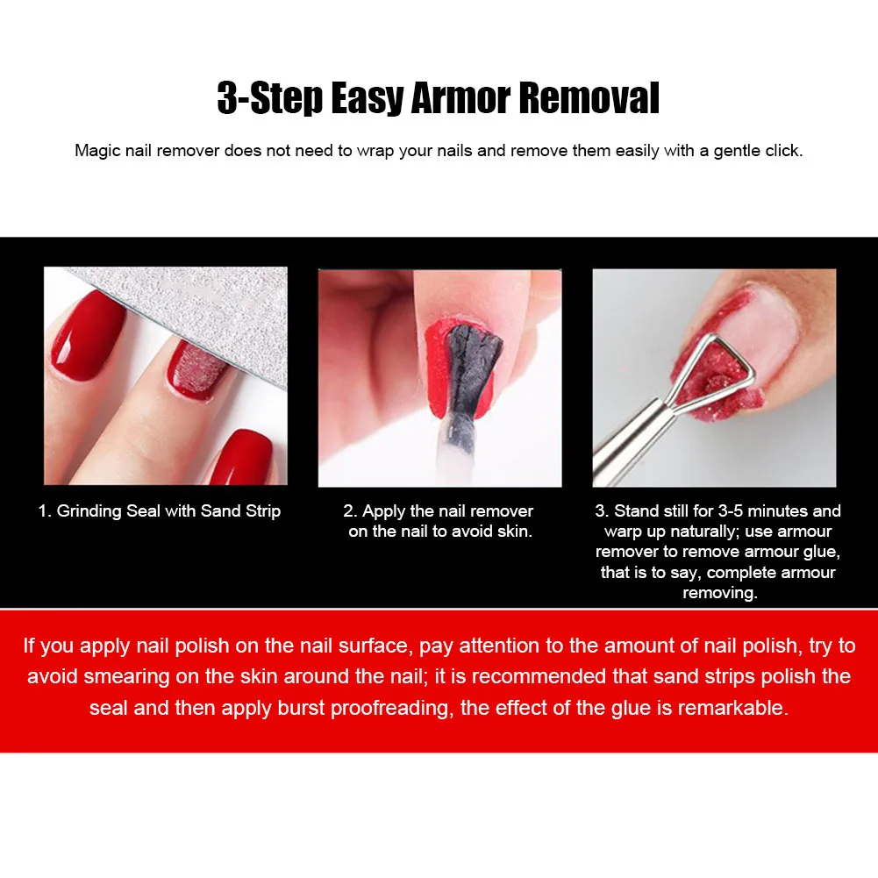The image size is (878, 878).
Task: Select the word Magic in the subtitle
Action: click(x=96, y=150)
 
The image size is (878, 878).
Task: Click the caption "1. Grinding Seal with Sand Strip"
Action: click(x=160, y=510)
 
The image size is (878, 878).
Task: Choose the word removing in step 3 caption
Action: click(x=719, y=593)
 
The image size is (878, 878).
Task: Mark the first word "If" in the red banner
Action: click(x=32, y=646)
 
